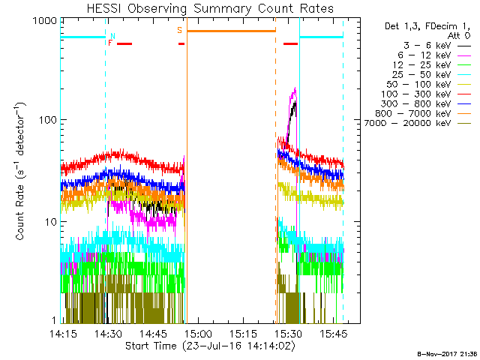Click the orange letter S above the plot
[x=179, y=30]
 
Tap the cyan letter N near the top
[x=112, y=35]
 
